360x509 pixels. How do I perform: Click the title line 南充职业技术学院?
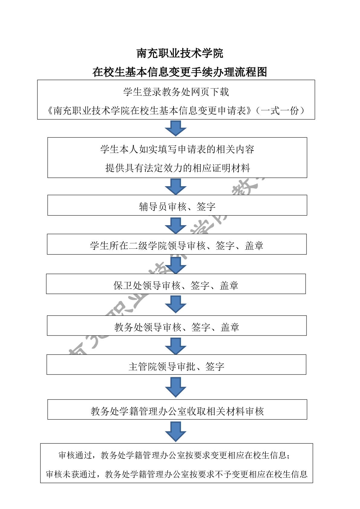[180, 53]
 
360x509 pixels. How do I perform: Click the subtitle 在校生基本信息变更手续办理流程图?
[180, 72]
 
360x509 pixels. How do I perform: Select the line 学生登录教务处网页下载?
[176, 92]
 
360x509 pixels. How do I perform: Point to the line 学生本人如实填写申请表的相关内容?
[177, 150]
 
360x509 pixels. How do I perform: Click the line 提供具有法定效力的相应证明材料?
[177, 168]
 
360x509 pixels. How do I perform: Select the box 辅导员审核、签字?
[177, 205]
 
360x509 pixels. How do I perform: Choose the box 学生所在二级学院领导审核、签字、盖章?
[177, 244]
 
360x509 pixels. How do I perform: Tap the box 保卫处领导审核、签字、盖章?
[176, 284]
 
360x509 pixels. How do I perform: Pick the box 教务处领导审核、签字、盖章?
[177, 326]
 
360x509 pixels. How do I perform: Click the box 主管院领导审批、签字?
[176, 365]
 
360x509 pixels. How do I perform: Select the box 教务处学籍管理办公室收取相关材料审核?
[177, 410]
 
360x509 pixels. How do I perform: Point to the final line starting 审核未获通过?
[177, 474]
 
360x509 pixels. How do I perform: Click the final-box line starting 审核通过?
[174, 455]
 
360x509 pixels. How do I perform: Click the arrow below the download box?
[176, 128]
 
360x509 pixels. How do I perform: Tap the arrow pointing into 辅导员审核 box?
[176, 186]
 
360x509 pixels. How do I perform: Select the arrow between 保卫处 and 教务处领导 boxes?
[176, 304]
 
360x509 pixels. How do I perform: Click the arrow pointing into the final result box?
[176, 432]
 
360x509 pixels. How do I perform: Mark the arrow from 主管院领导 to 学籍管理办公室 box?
[176, 387]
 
